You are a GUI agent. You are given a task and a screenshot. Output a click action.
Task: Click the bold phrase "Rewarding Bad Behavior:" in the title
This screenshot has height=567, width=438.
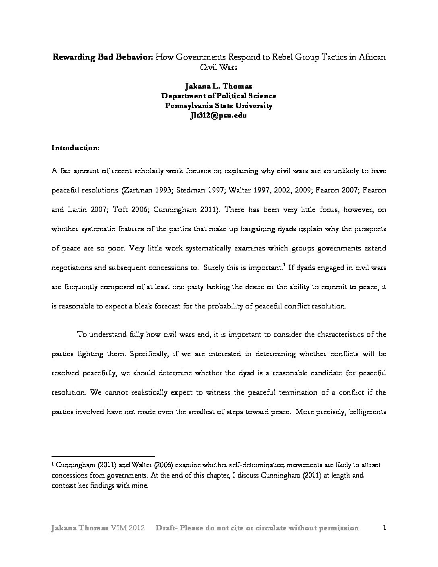(x=102, y=57)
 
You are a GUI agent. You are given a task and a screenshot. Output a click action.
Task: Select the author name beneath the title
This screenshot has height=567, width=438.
(x=219, y=86)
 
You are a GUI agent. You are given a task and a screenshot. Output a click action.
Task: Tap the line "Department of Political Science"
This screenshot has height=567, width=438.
(x=219, y=96)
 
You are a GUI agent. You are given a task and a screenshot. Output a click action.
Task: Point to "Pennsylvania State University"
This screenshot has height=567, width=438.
(x=219, y=106)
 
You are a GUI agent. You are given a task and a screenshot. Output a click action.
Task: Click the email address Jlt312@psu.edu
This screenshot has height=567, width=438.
(x=219, y=115)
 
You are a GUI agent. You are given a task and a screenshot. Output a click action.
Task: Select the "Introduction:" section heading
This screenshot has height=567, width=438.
(x=75, y=148)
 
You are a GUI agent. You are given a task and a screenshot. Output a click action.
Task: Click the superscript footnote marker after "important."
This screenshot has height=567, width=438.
(x=284, y=265)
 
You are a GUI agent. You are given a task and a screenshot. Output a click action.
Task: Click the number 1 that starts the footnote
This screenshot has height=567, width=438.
(x=53, y=465)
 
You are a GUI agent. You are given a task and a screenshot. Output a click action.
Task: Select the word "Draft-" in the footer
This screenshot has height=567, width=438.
(x=168, y=528)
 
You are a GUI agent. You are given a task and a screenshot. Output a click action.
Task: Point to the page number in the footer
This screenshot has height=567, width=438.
(x=384, y=528)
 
